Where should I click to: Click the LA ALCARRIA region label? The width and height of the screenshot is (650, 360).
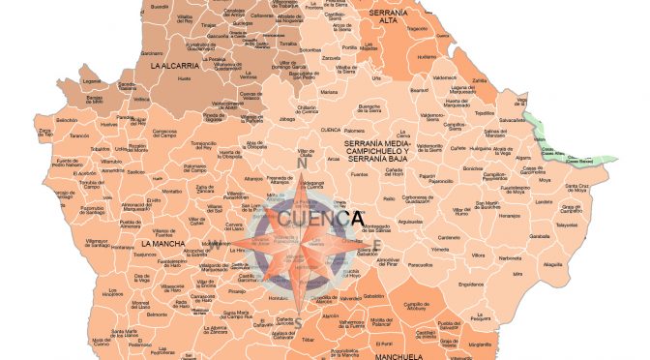coord(174,66)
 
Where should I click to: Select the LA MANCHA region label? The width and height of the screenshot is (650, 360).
coord(162,244)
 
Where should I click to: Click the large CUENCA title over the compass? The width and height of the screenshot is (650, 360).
coord(320,220)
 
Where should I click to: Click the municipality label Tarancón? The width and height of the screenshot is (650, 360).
coord(51,136)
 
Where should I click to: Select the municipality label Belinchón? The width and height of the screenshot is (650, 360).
coord(40,119)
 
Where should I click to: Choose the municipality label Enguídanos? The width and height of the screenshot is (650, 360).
coord(470,285)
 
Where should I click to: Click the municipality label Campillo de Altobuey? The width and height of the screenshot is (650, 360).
coord(418,306)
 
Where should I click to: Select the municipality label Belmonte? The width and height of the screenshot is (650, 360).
coord(157,315)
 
